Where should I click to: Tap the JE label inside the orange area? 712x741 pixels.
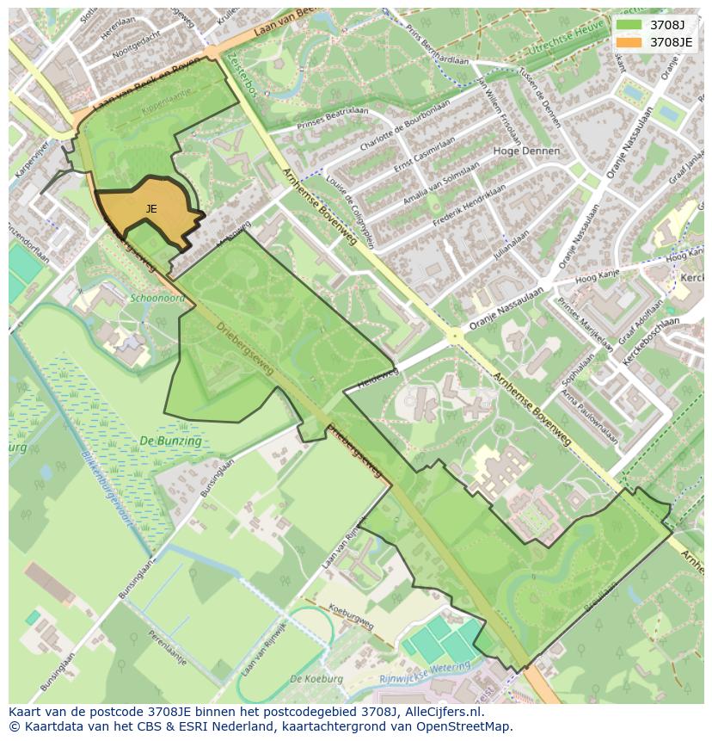(151, 209)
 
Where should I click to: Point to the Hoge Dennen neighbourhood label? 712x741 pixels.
(526, 151)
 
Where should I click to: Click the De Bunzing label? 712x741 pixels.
(170, 442)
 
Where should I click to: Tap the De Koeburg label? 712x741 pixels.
(316, 679)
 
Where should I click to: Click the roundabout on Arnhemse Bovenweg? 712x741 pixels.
(453, 336)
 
